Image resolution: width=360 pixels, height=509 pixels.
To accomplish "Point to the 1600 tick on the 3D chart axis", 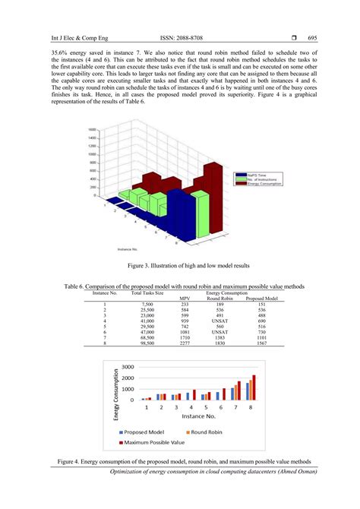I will pyautogui.click(x=92, y=130).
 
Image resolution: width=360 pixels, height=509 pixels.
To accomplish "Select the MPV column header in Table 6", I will pyautogui.click(x=185, y=298).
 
